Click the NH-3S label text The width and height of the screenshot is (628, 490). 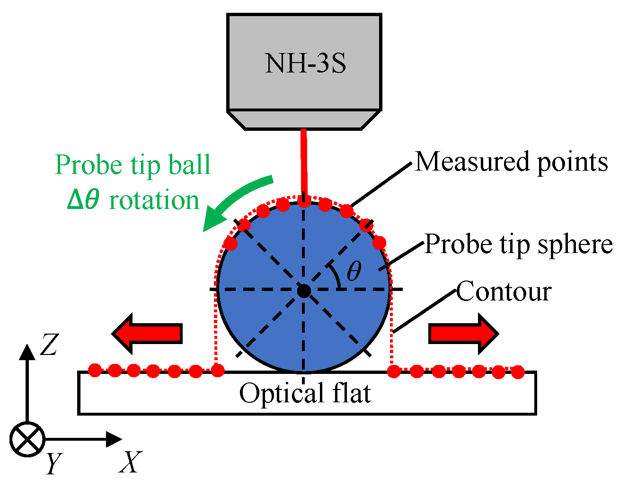(x=305, y=64)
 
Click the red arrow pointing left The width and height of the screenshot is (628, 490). (x=147, y=334)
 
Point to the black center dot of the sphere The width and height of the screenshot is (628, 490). (x=304, y=290)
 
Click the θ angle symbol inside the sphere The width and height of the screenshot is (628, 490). (x=354, y=272)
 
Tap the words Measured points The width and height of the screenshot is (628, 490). (x=511, y=162)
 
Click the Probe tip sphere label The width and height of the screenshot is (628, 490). (x=518, y=245)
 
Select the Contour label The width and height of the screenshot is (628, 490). (x=504, y=291)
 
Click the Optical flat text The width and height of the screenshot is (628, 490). (x=305, y=393)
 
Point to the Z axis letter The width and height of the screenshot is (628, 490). (x=48, y=345)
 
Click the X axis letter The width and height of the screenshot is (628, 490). (x=130, y=462)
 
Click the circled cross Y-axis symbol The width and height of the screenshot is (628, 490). (x=27, y=439)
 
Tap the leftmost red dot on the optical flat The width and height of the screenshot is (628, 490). (x=95, y=370)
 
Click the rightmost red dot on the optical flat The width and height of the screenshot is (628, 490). (x=518, y=372)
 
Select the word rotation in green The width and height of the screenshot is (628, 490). (x=154, y=200)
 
